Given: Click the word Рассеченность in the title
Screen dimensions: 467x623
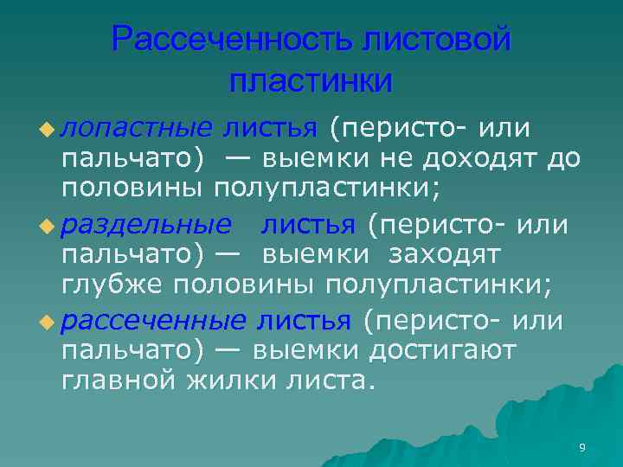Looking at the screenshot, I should point(233,41).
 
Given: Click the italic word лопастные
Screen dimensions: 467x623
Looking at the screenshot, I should point(137,129).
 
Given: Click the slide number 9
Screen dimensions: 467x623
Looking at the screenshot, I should point(581,447).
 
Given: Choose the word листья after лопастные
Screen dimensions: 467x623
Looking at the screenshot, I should point(271,129).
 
